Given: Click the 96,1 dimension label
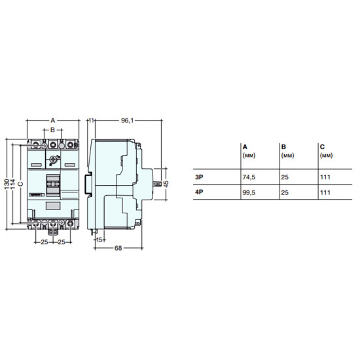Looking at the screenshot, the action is coord(127,120).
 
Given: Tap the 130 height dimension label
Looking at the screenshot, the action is coord(7,184).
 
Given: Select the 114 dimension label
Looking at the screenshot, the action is coord(12,184).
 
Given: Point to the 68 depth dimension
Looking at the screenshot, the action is coord(118,248).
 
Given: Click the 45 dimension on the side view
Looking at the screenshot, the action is coord(166,184).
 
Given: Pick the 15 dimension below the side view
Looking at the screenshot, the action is coord(99,240).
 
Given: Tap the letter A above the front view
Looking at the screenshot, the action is coord(53,120).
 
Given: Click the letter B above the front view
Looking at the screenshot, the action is coord(52,130).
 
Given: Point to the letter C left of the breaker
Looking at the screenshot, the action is coord(21,184).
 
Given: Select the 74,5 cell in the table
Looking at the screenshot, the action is coord(249,177).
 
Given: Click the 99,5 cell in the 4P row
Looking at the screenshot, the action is coord(249,192).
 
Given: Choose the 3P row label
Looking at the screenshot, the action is coord(199,177).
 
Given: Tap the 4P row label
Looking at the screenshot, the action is coord(199,192).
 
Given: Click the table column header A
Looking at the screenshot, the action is coord(245,147).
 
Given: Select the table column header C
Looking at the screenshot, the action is coord(322,147).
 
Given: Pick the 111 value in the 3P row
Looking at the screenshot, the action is coord(325,177).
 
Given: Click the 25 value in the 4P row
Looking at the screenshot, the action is coord(285,192).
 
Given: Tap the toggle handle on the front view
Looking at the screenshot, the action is coord(53,185).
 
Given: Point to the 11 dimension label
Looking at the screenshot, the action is coord(92,120).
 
